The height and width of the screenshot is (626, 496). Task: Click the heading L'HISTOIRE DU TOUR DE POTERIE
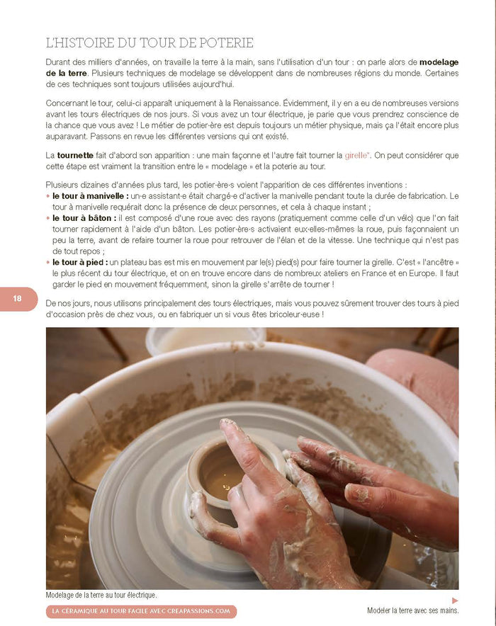tap(150, 43)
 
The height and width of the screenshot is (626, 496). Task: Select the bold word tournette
tap(75, 154)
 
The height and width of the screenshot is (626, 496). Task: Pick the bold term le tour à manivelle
tap(91, 195)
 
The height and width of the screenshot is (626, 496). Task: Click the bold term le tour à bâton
tap(84, 219)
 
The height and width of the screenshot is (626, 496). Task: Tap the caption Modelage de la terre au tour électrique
tap(101, 596)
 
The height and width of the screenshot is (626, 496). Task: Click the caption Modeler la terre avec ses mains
tap(412, 610)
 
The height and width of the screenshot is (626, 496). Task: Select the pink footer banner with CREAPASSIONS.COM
tap(141, 611)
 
